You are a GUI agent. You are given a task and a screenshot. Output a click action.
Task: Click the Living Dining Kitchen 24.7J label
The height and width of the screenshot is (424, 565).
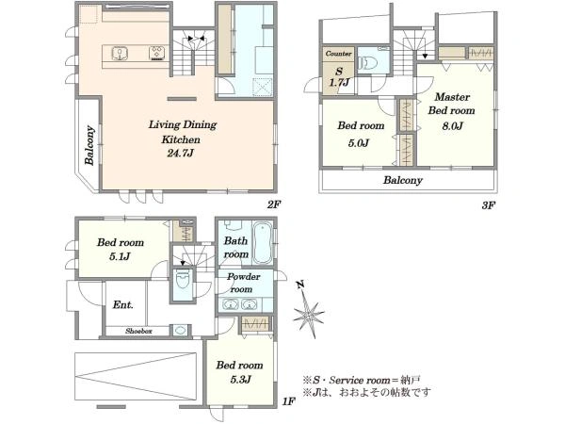(x=183, y=139)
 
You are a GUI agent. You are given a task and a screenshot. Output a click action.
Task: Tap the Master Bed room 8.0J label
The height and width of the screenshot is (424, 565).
(x=452, y=110)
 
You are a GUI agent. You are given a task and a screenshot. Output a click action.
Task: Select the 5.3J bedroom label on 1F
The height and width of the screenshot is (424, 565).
(x=239, y=372)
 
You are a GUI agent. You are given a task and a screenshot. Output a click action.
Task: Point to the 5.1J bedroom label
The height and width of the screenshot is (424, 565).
(x=120, y=249)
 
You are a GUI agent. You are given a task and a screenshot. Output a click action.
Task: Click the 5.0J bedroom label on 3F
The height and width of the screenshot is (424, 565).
(x=361, y=134)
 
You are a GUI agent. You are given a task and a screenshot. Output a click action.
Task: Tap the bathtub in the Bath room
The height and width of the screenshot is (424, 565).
(x=262, y=242)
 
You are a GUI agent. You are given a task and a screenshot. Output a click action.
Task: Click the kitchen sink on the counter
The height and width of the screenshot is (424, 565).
(x=119, y=54)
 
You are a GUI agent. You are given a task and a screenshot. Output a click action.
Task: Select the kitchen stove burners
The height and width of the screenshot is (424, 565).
(x=157, y=53)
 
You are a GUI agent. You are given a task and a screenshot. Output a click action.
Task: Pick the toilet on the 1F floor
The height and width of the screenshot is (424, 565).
(x=183, y=280)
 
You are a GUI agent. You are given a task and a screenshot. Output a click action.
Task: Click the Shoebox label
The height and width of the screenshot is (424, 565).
(x=138, y=331)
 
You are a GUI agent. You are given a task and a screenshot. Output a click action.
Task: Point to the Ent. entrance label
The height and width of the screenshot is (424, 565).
(x=122, y=305)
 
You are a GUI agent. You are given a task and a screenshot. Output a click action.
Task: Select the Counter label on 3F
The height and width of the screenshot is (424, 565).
(x=338, y=54)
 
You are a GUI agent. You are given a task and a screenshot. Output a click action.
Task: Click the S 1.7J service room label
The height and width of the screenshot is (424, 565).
(x=339, y=77)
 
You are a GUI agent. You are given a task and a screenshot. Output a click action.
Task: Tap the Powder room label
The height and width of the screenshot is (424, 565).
(x=243, y=283)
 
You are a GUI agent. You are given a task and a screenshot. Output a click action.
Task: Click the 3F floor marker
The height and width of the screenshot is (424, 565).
(x=489, y=205)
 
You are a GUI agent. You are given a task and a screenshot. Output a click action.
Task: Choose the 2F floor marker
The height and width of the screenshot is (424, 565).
(x=273, y=204)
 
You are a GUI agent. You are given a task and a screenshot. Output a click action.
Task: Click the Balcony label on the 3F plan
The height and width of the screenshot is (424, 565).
(x=402, y=180)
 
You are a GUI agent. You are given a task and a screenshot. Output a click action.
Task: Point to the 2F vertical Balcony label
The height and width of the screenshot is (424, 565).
(x=89, y=145)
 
